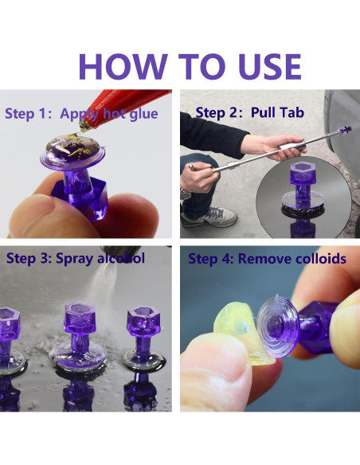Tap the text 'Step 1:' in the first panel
click(29, 114)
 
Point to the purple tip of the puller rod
click(346, 129)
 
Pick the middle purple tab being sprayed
click(80, 335)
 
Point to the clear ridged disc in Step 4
click(278, 326)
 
